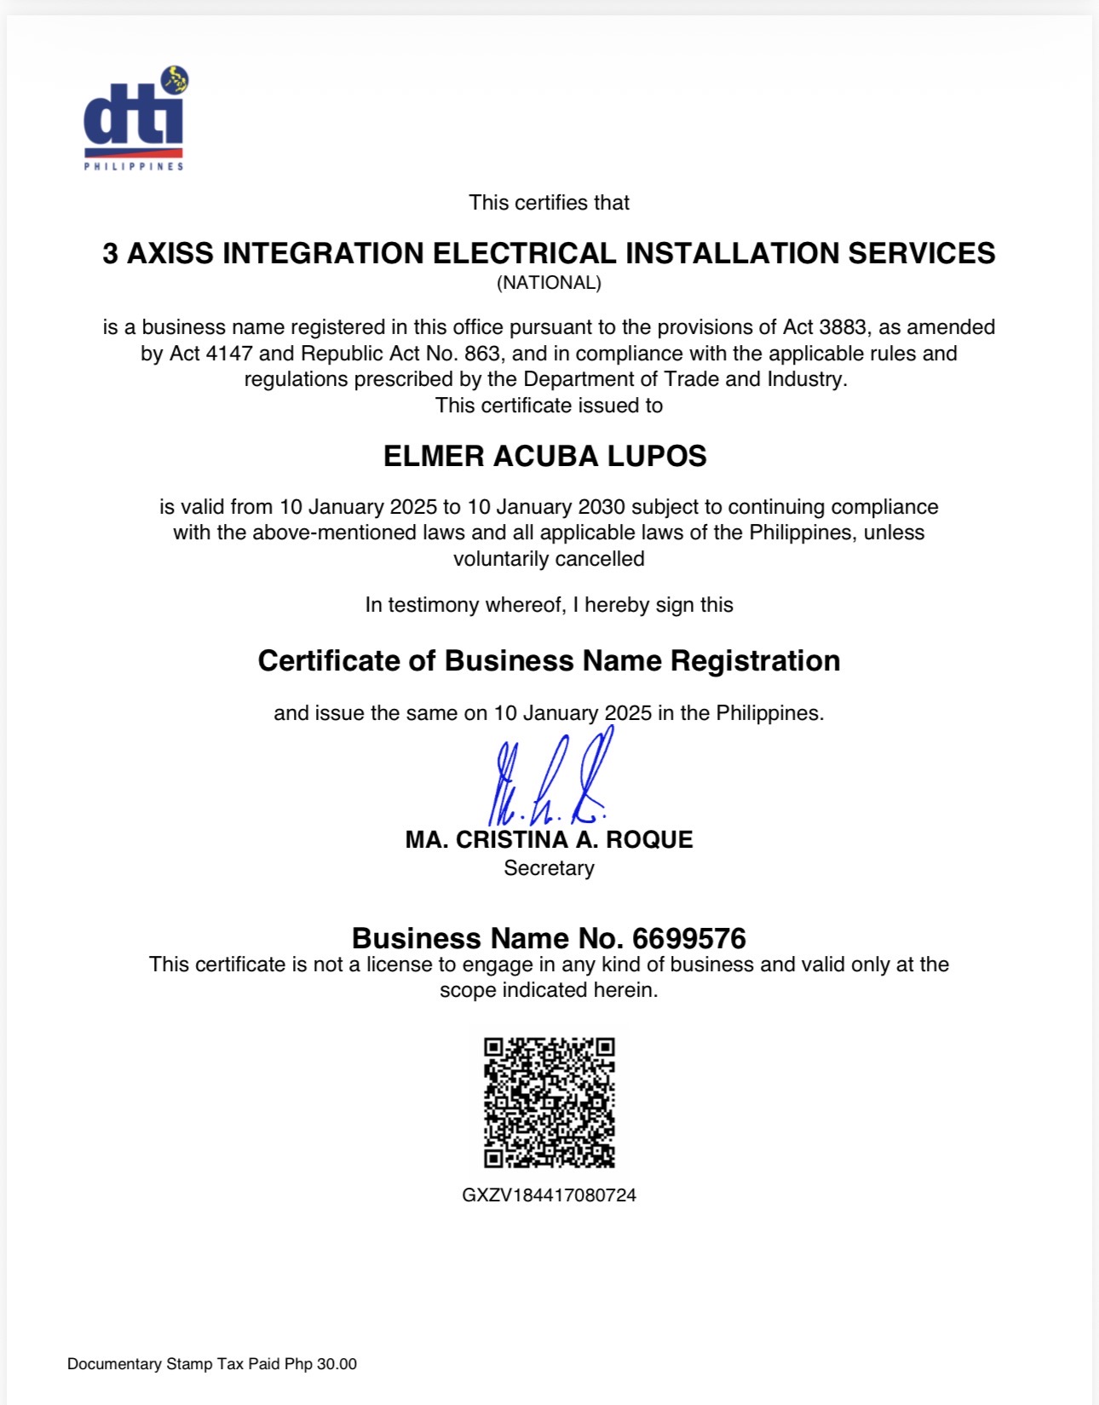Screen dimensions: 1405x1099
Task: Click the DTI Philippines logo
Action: (135, 119)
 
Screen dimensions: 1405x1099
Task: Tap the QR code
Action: (549, 1102)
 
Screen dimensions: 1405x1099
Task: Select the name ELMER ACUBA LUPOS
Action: (544, 457)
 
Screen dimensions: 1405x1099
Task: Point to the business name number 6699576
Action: (689, 938)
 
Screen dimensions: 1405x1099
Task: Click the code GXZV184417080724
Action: (549, 1195)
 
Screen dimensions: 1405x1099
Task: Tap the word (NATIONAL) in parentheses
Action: (549, 283)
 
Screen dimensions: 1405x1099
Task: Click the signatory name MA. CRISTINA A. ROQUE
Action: (549, 840)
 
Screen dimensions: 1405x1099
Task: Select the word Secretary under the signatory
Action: (549, 868)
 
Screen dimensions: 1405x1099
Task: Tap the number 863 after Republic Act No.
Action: (482, 354)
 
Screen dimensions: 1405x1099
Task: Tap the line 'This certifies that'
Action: (549, 203)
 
